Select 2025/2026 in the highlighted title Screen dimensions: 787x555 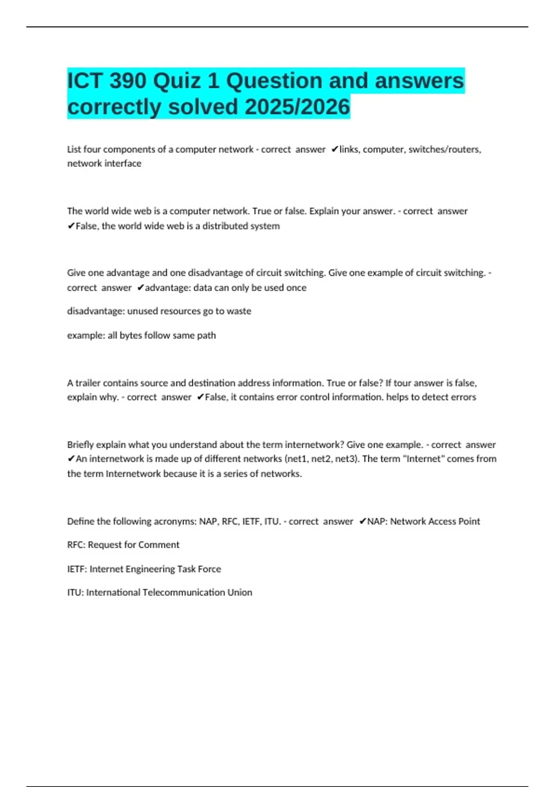point(297,107)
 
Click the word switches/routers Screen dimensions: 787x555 point(444,150)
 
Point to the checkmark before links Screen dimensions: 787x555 point(335,150)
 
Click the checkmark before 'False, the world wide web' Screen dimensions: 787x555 point(71,226)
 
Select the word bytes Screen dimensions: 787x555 point(131,335)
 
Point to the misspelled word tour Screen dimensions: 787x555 point(402,383)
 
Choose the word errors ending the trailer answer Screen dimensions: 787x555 point(463,397)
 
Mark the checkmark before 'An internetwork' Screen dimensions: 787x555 point(71,459)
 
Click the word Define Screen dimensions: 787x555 point(81,521)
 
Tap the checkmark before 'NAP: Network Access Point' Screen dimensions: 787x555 point(363,521)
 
